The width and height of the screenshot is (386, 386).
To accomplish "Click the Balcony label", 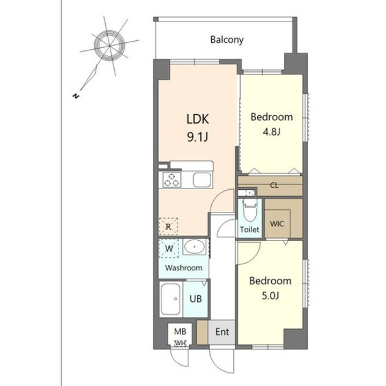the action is [227, 40].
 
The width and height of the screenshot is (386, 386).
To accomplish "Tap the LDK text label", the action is [198, 119].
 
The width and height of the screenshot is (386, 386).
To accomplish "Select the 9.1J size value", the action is [198, 137].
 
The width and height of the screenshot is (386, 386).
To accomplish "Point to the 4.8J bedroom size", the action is [271, 132].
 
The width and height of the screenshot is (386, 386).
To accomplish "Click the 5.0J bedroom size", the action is [270, 295].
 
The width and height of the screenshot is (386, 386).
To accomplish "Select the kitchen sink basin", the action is [202, 180].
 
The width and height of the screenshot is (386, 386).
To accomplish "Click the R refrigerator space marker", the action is [168, 226].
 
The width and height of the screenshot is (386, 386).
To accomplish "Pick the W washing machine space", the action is [169, 248].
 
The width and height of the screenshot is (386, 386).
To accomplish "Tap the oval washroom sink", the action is [195, 247].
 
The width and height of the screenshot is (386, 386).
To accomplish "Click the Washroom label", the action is [184, 268].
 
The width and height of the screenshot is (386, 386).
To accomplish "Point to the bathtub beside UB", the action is [171, 299].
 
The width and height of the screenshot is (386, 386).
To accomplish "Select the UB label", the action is [196, 299].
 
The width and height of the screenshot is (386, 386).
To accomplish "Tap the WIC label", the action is [277, 224].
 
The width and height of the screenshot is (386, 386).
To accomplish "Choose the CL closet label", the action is [274, 185].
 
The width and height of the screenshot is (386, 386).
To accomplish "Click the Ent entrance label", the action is [222, 332].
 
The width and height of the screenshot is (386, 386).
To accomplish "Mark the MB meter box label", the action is [180, 332].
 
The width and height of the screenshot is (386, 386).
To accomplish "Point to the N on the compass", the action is [76, 96].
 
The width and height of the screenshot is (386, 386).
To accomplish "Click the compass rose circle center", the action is [109, 46].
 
